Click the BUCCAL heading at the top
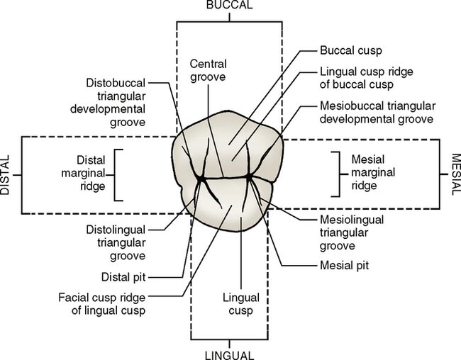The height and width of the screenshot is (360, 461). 229,6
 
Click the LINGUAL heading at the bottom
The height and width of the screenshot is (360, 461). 229,354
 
